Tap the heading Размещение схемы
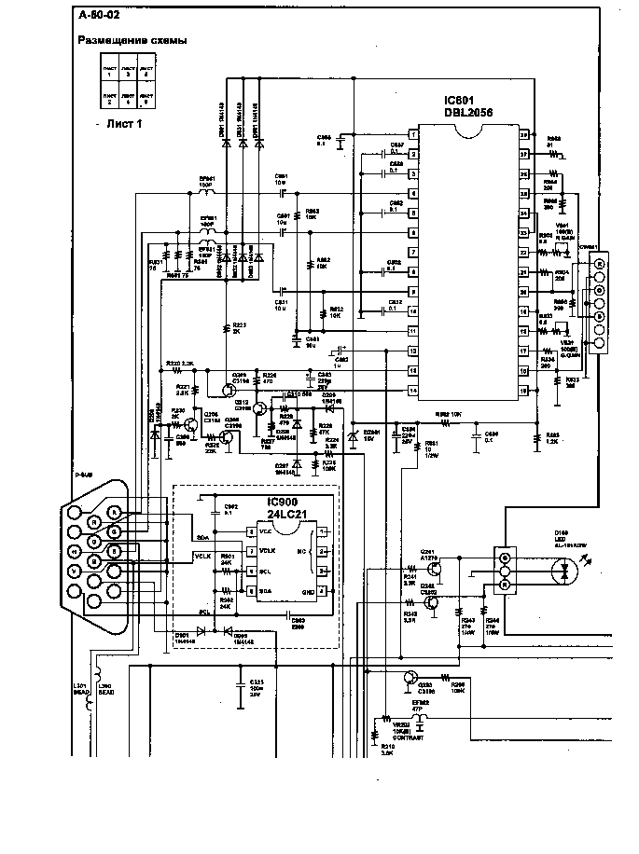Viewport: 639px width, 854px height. [x=131, y=41]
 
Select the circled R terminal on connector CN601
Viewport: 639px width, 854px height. [x=599, y=265]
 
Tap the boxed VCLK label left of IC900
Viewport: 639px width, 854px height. [x=203, y=557]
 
